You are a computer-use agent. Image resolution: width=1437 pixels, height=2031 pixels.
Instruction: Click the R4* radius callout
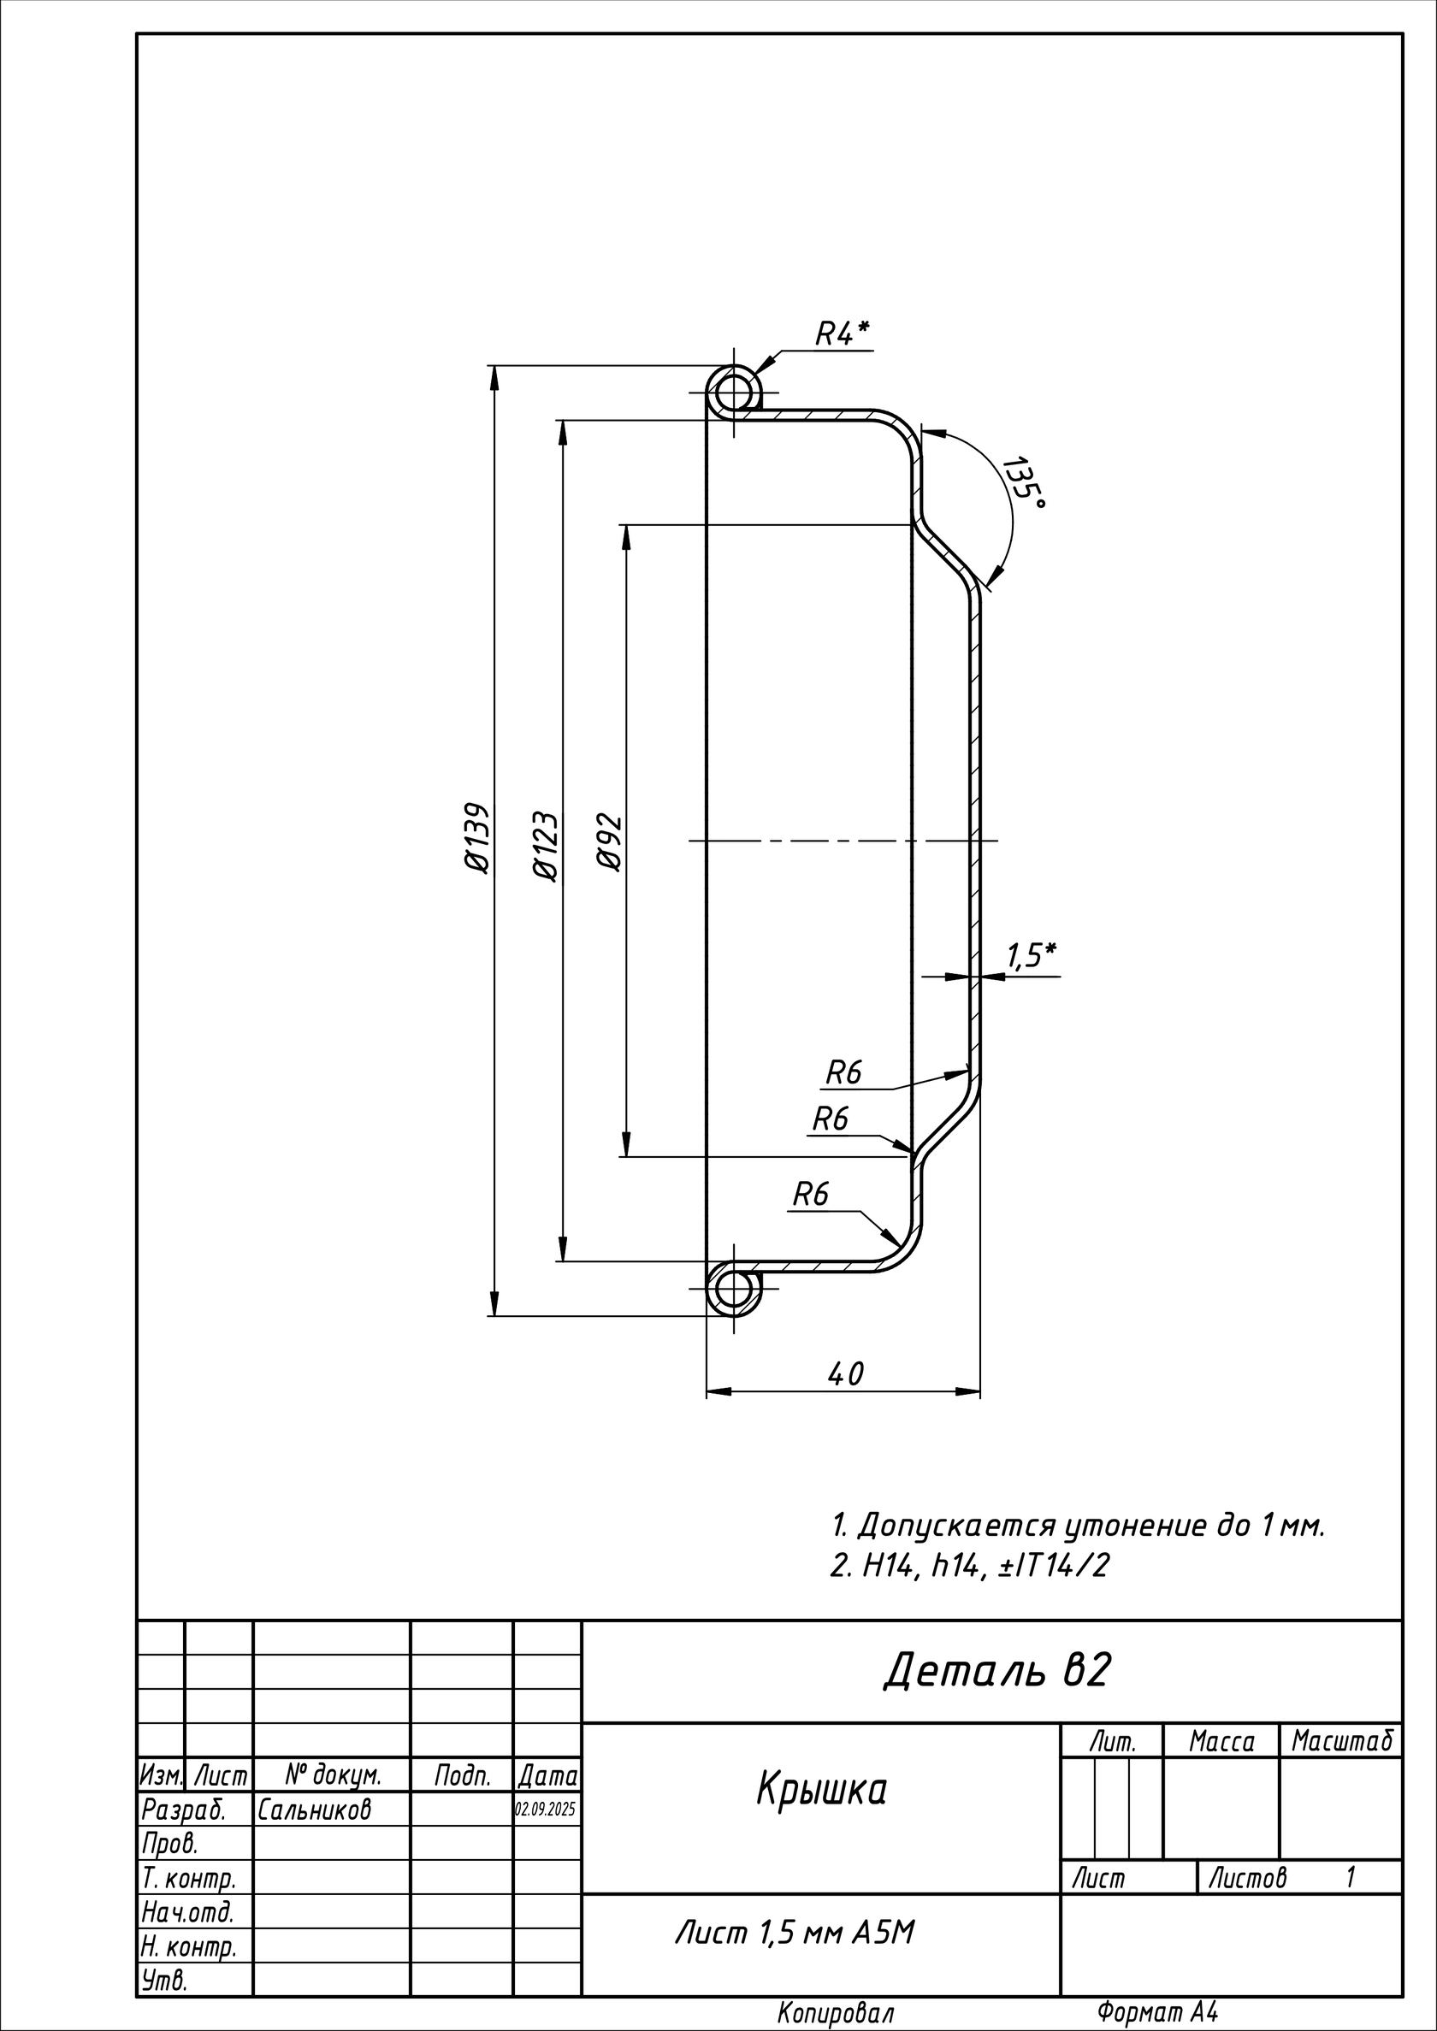(842, 334)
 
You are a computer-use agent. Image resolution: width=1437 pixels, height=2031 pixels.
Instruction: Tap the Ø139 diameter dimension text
(476, 838)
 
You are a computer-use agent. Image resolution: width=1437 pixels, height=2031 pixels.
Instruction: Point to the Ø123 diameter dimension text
(545, 846)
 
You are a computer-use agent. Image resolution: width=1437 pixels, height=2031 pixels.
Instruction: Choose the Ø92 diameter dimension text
(610, 842)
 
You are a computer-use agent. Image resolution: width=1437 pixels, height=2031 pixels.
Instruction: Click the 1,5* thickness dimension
(1031, 955)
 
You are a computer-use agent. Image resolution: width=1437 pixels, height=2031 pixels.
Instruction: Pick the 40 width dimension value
(845, 1373)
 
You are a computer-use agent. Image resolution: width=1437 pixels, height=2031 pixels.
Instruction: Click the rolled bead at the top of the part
(734, 391)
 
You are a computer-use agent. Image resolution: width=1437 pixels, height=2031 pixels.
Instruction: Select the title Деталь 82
(996, 1671)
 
